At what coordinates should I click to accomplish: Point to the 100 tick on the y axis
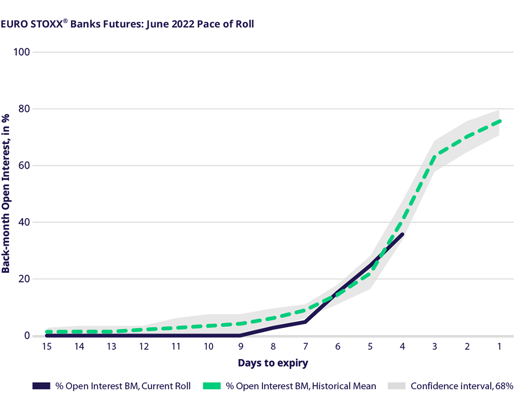(24, 52)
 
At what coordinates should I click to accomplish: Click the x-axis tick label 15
(47, 347)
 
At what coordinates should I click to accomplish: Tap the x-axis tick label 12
(144, 347)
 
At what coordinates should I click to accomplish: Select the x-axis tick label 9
(241, 347)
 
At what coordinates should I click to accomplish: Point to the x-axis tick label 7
(305, 347)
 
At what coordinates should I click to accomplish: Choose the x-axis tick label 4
(402, 347)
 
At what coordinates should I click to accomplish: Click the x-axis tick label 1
(499, 347)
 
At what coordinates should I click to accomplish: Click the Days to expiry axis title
(273, 363)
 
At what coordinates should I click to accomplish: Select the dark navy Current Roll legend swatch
(41, 386)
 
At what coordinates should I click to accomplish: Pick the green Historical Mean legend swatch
(211, 386)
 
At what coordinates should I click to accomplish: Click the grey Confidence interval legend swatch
(396, 386)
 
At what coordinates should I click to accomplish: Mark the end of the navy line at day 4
(402, 234)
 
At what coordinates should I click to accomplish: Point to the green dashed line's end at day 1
(499, 121)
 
